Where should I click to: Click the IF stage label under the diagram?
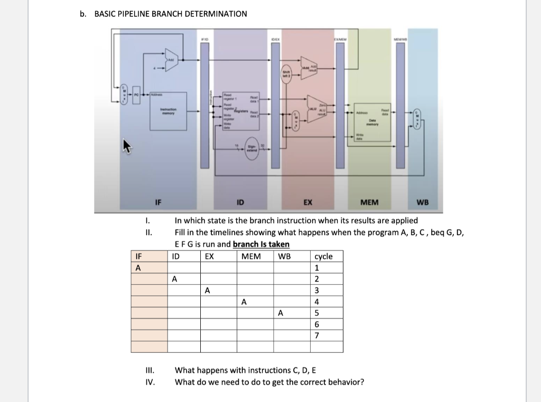(157, 202)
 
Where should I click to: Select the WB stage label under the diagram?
(423, 202)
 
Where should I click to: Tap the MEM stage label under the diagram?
(369, 202)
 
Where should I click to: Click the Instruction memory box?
(167, 111)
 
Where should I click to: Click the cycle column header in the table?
(323, 256)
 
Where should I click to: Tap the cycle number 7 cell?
(316, 335)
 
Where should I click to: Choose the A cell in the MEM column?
(244, 302)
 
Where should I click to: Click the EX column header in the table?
(209, 256)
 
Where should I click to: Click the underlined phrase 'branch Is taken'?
(261, 244)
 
